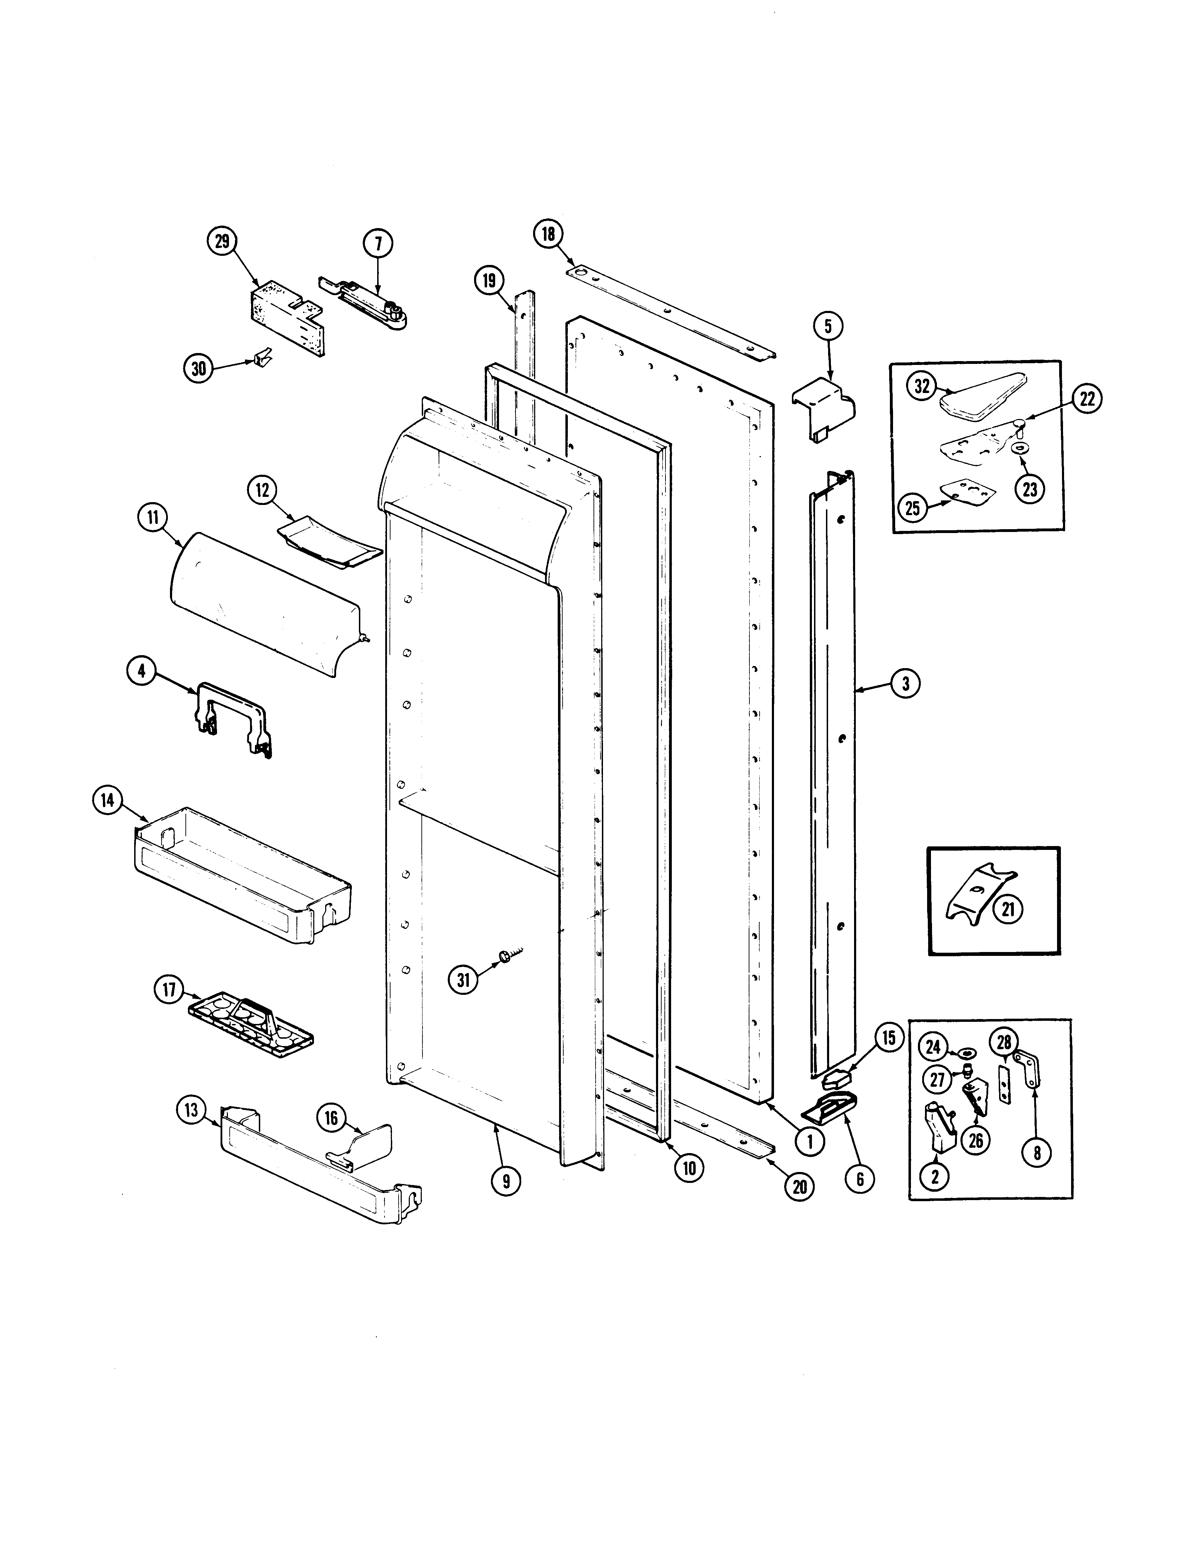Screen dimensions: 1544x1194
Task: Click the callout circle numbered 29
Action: (x=222, y=241)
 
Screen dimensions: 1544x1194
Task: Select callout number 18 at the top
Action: (x=549, y=234)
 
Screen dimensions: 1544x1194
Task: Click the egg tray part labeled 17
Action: (x=251, y=1024)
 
